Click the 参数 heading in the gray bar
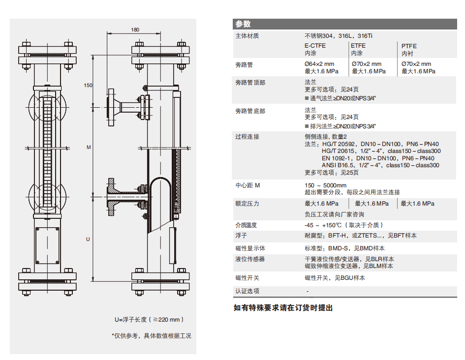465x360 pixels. [x=243, y=24]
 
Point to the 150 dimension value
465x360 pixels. [x=88, y=85]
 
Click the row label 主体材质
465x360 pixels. [x=247, y=36]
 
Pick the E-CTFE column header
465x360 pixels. [x=315, y=46]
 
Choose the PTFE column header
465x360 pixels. [x=409, y=46]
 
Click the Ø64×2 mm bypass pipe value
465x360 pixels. [x=319, y=64]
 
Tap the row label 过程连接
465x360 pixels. [x=247, y=137]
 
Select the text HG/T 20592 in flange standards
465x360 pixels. [x=338, y=144]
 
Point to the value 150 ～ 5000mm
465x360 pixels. [x=326, y=185]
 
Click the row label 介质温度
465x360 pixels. [x=247, y=225]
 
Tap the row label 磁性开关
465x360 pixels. [x=247, y=278]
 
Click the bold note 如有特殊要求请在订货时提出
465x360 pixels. [x=283, y=308]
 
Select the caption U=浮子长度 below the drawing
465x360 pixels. [x=131, y=319]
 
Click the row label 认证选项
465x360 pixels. [x=247, y=291]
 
